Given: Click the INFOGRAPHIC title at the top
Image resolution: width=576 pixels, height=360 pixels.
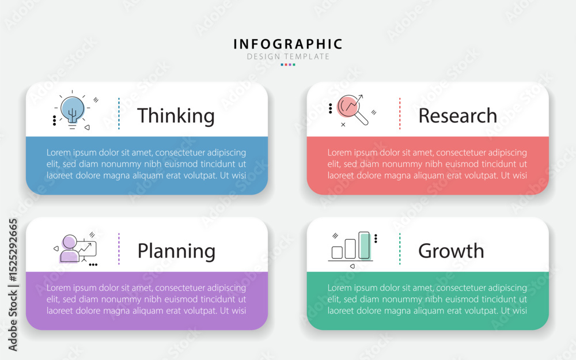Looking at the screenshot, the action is click(x=287, y=44).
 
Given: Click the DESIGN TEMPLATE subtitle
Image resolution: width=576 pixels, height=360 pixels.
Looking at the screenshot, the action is click(x=288, y=56).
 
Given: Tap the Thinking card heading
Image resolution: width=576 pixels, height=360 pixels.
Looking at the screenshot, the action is click(x=176, y=116).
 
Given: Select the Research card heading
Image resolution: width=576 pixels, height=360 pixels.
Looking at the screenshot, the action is click(x=458, y=116).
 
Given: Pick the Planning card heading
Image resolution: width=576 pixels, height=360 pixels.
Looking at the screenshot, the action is click(x=176, y=252).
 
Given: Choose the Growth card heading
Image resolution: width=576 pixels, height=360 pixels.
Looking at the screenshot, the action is click(x=451, y=251).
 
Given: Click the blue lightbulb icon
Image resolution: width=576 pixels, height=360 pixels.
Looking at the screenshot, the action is click(x=73, y=110).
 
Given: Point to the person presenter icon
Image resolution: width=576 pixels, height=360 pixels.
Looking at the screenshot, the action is click(x=70, y=248).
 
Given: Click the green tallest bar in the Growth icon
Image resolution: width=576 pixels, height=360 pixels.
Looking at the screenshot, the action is click(x=364, y=245).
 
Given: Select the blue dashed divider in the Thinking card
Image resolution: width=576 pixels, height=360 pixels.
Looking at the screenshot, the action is click(x=119, y=113).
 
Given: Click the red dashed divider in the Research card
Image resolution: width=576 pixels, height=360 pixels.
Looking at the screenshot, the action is click(x=400, y=113).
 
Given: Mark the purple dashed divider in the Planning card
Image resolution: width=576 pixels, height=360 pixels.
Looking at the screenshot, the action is click(x=119, y=249).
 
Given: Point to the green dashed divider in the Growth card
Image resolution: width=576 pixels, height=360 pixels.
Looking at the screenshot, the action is click(x=400, y=249).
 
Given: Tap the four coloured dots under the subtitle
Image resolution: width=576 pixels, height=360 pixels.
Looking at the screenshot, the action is click(x=288, y=65).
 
